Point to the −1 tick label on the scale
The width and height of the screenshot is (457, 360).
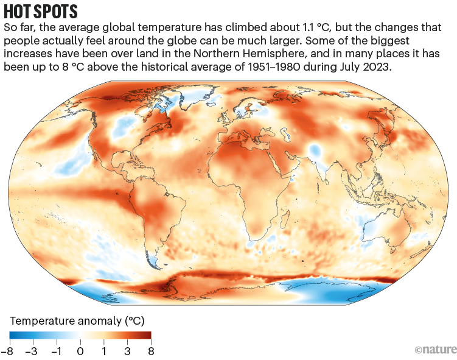point(57,351)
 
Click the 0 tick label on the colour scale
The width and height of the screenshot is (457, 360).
point(80,351)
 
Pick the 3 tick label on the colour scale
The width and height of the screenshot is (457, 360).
point(127,351)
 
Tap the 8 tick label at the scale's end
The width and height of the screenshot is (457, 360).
point(150,351)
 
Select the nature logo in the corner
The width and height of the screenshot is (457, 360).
point(434,350)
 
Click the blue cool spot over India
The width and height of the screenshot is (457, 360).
point(314,150)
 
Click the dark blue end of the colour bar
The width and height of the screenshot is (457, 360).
point(12,335)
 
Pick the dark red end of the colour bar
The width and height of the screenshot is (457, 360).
point(148,335)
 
